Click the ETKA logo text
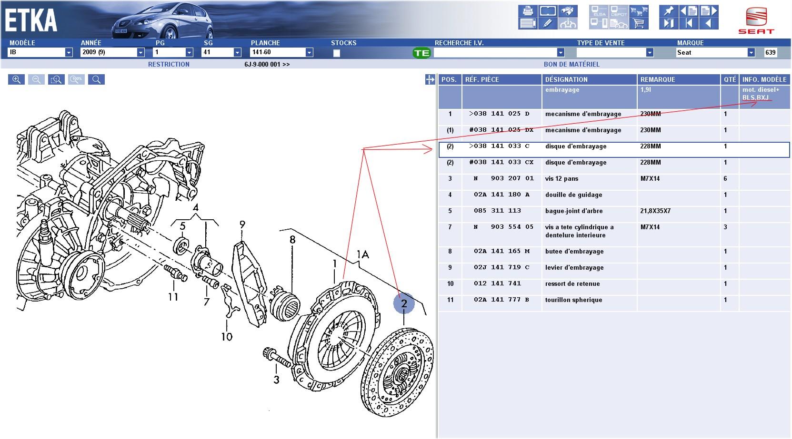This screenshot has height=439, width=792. [31, 20]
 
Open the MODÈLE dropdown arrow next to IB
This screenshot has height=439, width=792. [69, 52]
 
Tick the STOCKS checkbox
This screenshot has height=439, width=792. [337, 53]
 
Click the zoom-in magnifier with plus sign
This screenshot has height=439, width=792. [16, 79]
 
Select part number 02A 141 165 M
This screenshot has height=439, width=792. [501, 251]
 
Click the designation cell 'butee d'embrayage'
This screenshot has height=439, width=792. [574, 251]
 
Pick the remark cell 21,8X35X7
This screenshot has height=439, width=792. [655, 211]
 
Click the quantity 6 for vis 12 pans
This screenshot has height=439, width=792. [725, 178]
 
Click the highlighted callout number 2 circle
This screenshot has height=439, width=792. [404, 303]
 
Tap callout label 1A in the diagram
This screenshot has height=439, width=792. [362, 254]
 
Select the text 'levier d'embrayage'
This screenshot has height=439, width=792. [574, 267]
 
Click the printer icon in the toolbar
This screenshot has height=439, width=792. [528, 11]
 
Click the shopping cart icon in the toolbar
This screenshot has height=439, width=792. [639, 23]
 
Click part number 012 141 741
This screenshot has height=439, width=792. [497, 283]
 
